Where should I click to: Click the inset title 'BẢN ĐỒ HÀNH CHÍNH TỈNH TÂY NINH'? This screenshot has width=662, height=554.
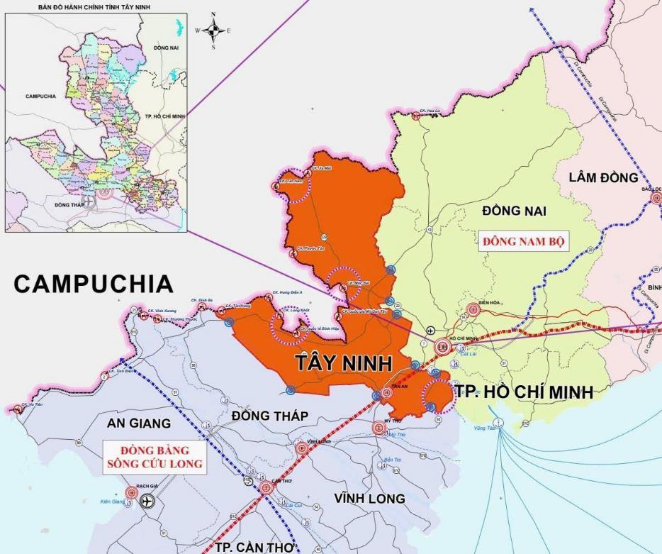pos(96,7)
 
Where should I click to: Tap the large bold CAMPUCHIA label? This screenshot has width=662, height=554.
pos(93,284)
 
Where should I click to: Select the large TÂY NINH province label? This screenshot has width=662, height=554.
pos(344,364)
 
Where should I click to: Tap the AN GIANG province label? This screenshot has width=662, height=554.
pos(139,423)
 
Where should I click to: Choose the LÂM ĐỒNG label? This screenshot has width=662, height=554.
pos(603,177)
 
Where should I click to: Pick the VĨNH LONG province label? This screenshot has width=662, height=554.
pos(369,499)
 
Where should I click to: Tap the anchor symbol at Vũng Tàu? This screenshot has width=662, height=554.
pos(499,423)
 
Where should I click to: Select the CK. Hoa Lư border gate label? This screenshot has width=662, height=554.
pos(430,111)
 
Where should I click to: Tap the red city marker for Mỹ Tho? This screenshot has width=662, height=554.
pos(379,428)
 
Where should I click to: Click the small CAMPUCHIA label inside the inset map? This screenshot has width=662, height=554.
pos(40,96)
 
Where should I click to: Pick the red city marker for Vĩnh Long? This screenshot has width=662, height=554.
pos(301,448)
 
